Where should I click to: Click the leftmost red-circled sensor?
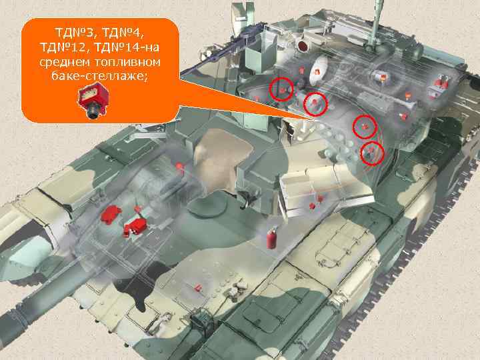(x=282, y=89)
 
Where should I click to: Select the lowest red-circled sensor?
(x=372, y=153)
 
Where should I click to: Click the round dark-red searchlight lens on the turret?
(x=303, y=45)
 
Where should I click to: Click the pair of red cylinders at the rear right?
(x=441, y=83)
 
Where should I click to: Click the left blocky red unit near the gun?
(x=109, y=215)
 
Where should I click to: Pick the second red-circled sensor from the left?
(x=315, y=103)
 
